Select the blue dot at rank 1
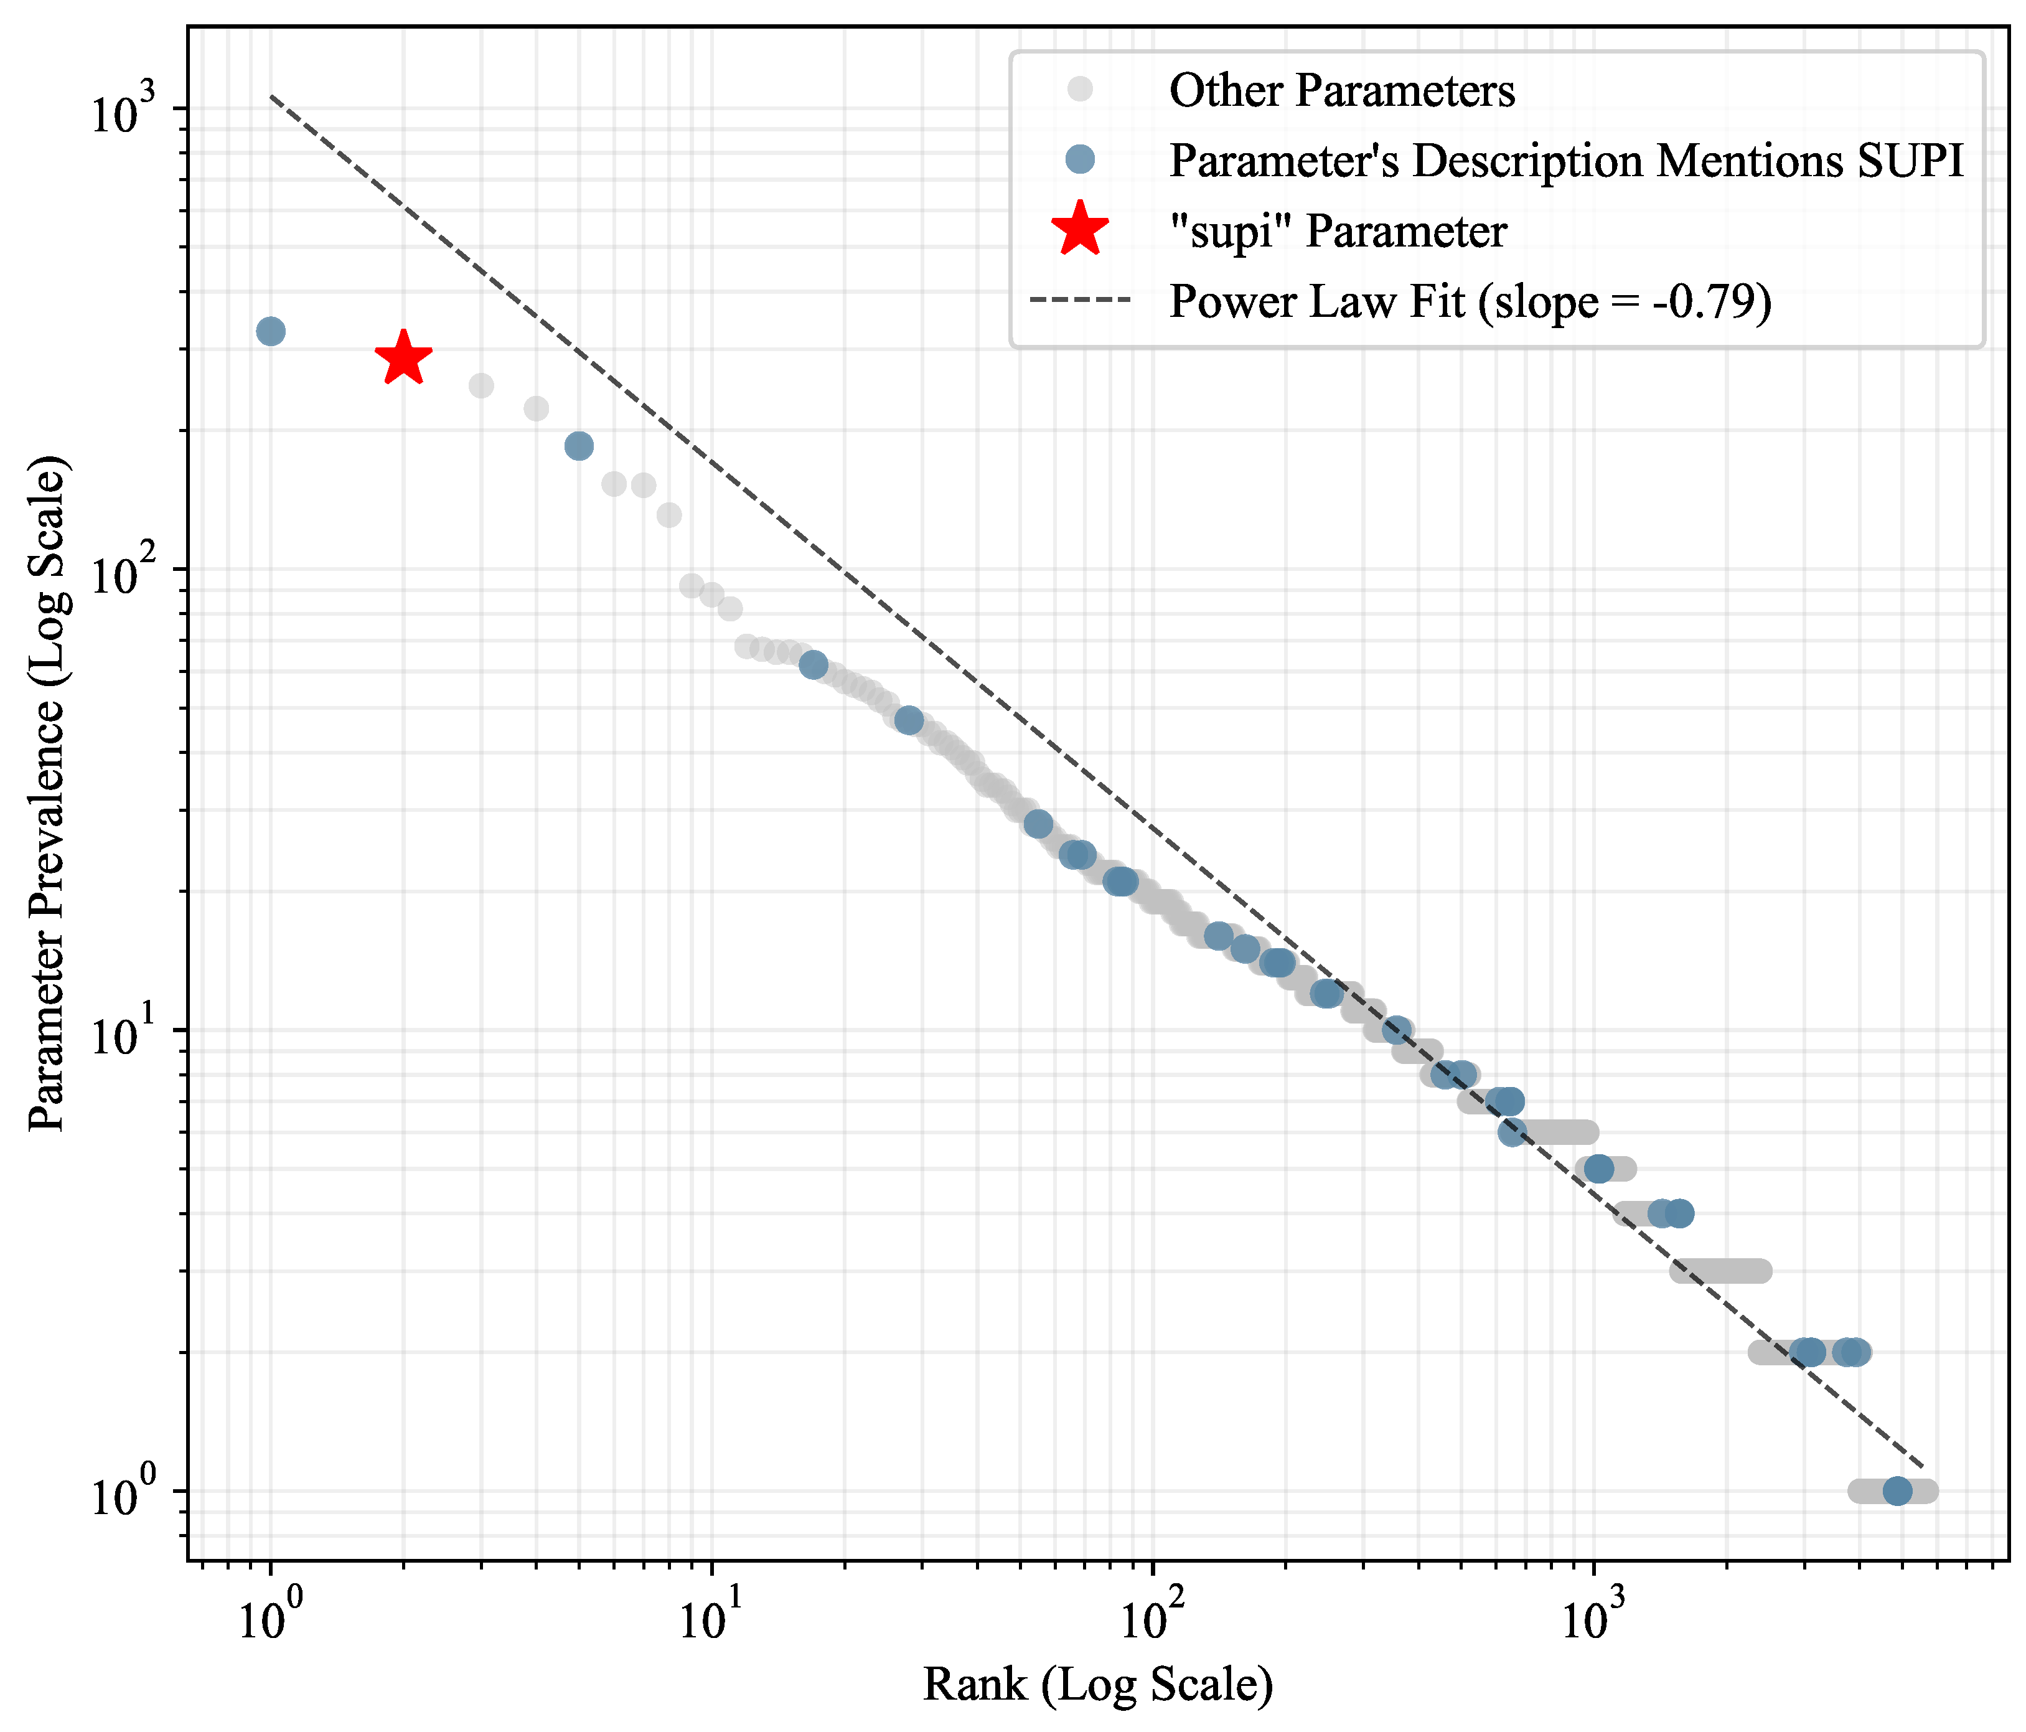point(271,332)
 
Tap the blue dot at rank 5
point(579,446)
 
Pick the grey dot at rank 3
point(481,385)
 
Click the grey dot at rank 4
point(536,408)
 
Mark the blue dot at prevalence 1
point(1897,1492)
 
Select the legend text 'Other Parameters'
point(1341,91)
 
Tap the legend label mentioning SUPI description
point(1567,161)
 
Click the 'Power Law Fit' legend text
point(1471,301)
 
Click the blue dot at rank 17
point(814,665)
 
